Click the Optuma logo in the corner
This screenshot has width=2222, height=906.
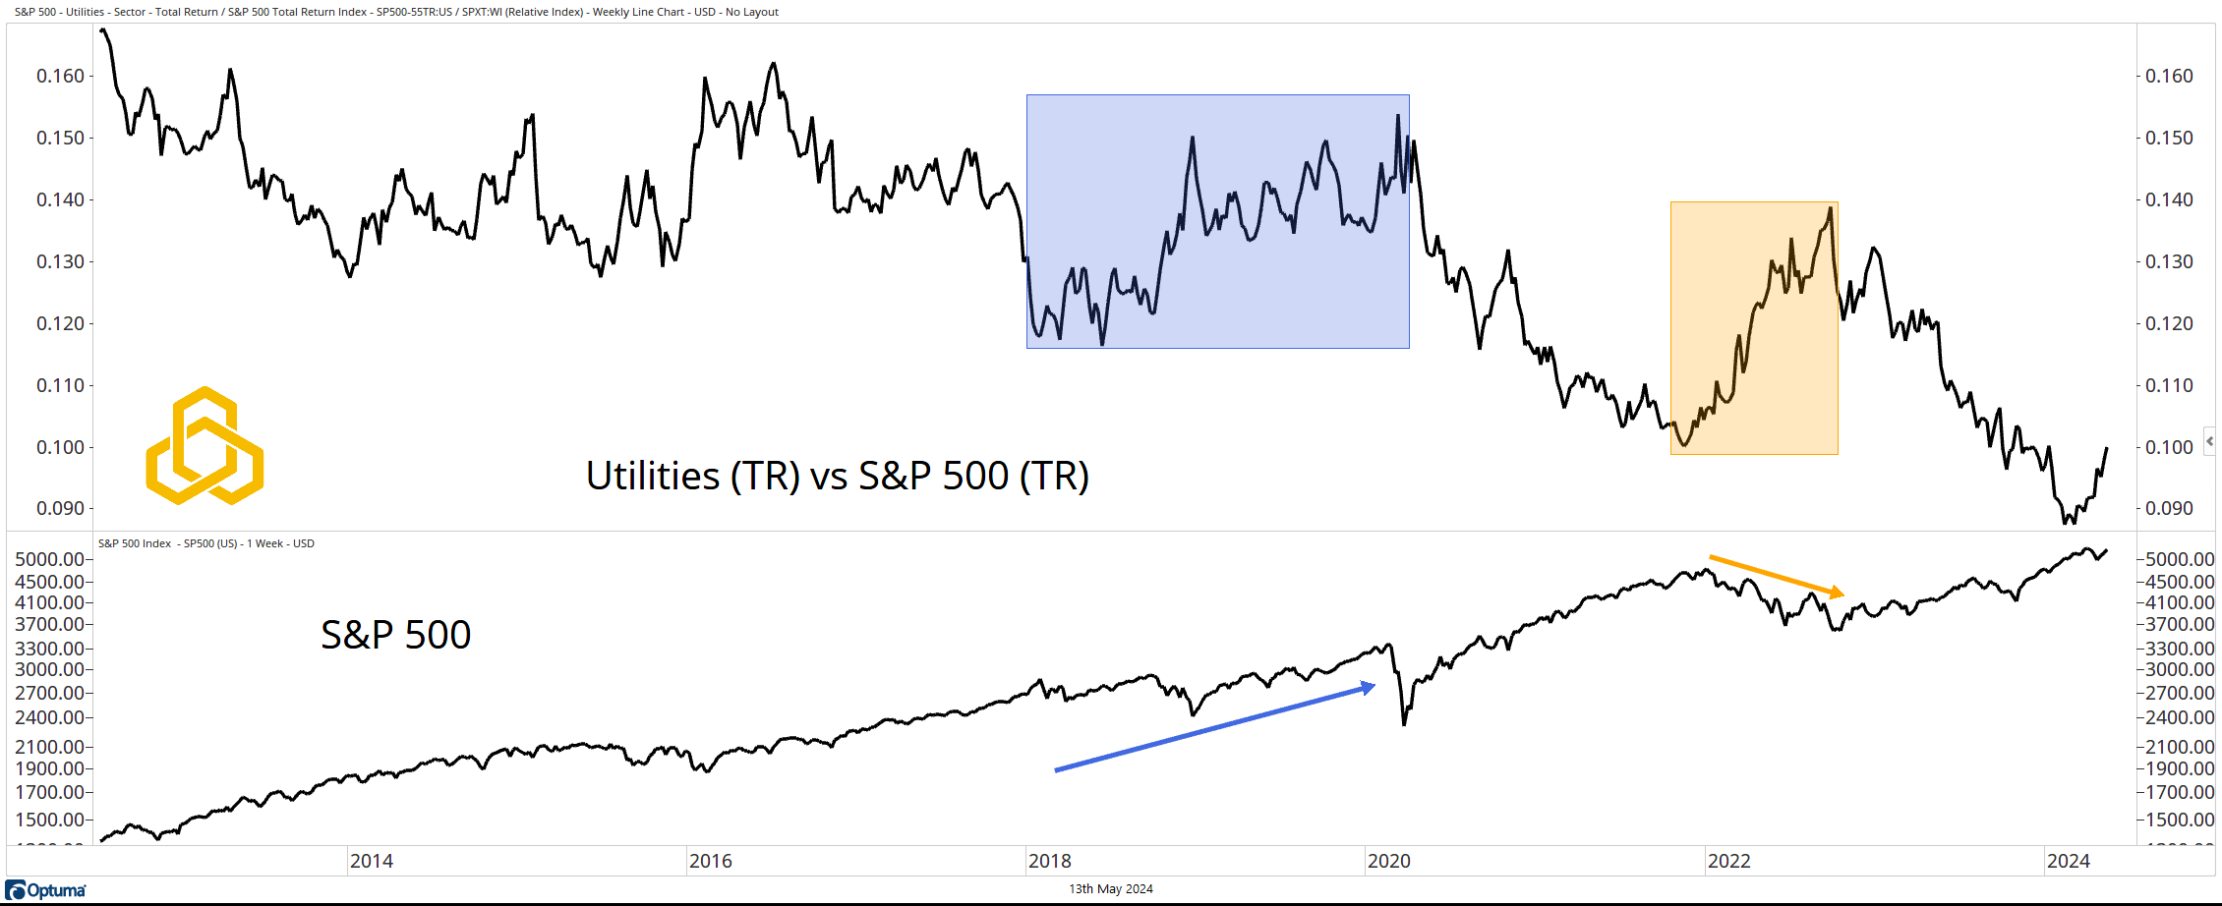45,890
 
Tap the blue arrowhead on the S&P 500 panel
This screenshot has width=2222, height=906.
1368,688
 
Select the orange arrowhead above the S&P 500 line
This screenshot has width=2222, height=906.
1837,593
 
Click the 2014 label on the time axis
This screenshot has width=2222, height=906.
371,862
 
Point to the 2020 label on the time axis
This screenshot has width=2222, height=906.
1388,862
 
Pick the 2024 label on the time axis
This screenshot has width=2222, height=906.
2068,862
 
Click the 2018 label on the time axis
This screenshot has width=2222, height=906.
1049,862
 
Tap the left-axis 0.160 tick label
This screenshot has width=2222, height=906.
60,77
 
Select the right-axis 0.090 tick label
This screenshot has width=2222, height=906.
2169,509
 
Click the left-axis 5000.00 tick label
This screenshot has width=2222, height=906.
49,560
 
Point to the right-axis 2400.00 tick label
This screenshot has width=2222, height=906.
2180,718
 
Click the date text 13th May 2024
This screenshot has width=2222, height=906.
1111,889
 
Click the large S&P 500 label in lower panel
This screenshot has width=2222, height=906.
395,636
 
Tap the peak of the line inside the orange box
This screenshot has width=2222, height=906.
1830,208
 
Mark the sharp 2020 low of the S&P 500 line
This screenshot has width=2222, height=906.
1404,724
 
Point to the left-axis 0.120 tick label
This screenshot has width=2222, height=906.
60,324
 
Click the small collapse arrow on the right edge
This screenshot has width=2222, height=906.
2209,441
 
